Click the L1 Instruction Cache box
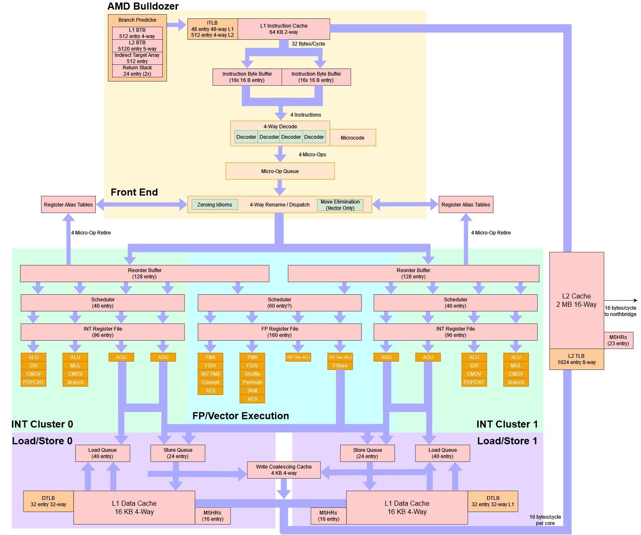[x=284, y=29]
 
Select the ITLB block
[x=213, y=29]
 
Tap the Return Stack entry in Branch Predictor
[x=137, y=71]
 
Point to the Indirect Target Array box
[x=137, y=58]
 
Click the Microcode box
[x=352, y=138]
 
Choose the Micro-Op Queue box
[x=280, y=171]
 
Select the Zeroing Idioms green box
[x=215, y=204]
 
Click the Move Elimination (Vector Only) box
[x=340, y=205]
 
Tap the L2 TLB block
[x=576, y=359]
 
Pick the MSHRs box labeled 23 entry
[x=618, y=340]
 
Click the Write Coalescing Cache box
[x=284, y=470]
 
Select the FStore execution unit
[x=340, y=366]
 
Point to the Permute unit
[x=252, y=382]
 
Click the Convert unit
[x=210, y=382]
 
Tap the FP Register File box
[x=279, y=332]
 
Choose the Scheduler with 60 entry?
[x=279, y=303]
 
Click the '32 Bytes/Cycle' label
[x=308, y=44]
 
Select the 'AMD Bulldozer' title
[x=143, y=6]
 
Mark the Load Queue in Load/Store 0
[x=103, y=453]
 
